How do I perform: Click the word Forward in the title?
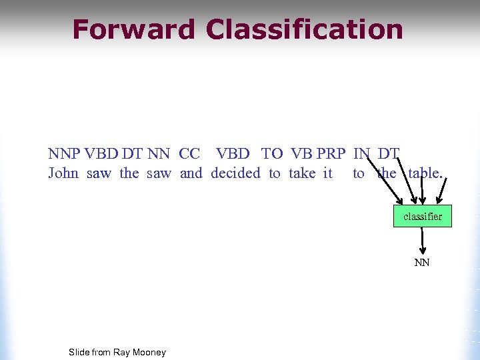pyautogui.click(x=133, y=30)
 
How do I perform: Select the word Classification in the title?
pyautogui.click(x=305, y=30)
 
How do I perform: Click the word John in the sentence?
pyautogui.click(x=63, y=173)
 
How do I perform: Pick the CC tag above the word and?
pyautogui.click(x=190, y=154)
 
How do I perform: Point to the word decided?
pyautogui.click(x=235, y=173)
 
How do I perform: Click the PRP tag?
pyautogui.click(x=331, y=154)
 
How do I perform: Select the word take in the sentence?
pyautogui.click(x=302, y=173)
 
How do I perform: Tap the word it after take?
pyautogui.click(x=327, y=173)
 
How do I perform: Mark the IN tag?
pyautogui.click(x=361, y=154)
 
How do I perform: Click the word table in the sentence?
pyautogui.click(x=423, y=173)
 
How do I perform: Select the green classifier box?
pyautogui.click(x=422, y=216)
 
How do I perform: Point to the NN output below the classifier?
pyautogui.click(x=422, y=263)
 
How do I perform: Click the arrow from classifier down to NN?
pyautogui.click(x=423, y=240)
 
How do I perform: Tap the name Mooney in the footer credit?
pyautogui.click(x=149, y=352)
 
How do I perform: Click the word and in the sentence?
pyautogui.click(x=191, y=173)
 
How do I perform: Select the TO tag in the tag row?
pyautogui.click(x=272, y=154)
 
